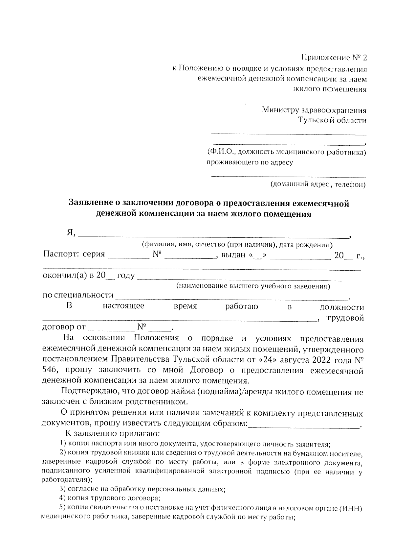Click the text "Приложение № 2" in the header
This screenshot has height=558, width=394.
(x=334, y=58)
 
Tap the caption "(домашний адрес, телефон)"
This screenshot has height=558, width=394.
(x=317, y=184)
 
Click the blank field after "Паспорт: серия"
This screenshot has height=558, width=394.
(x=128, y=256)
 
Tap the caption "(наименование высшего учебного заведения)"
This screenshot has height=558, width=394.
(x=253, y=286)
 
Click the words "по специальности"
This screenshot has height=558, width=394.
(x=78, y=295)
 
